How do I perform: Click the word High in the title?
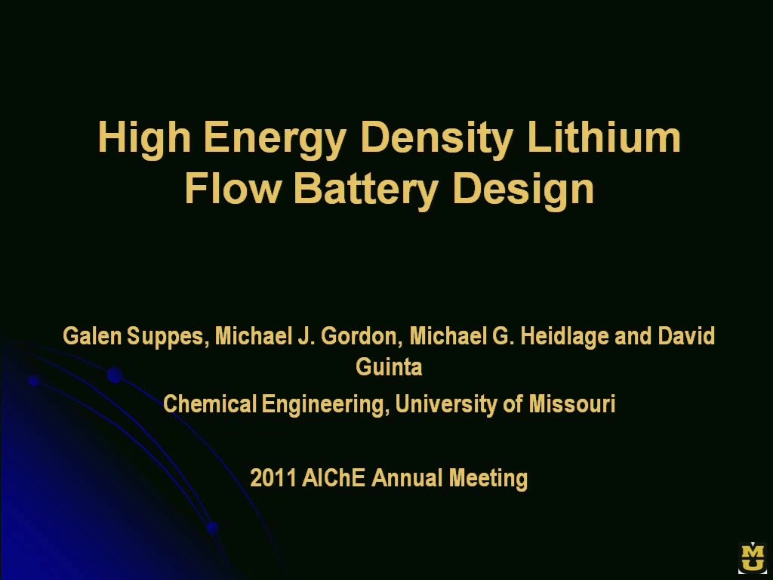pos(144,139)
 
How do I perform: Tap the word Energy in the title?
pos(275,139)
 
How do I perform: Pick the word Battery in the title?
pos(366,191)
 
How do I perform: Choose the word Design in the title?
pos(523,191)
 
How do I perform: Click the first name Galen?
pos(92,336)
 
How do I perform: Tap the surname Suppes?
pos(168,338)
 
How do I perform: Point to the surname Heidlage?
pos(565,338)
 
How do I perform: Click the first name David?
pos(686,336)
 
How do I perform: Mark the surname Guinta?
pos(389,367)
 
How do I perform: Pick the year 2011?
pos(273,478)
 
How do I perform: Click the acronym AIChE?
pos(334,478)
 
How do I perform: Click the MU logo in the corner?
pos(753,557)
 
